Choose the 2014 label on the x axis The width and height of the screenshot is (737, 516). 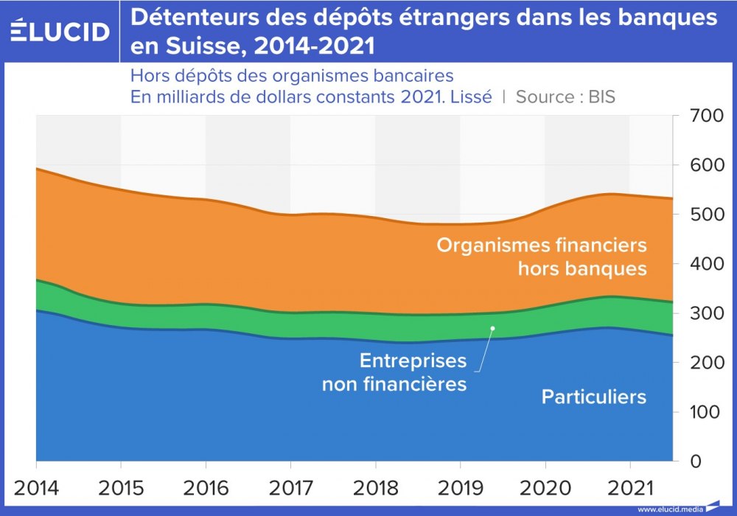point(36,488)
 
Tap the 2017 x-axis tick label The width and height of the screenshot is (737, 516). point(290,488)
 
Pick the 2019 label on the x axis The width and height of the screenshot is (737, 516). point(461,488)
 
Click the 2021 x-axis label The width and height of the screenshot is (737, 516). point(630,488)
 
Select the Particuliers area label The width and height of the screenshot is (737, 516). point(594,397)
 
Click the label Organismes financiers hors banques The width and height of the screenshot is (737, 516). point(542,256)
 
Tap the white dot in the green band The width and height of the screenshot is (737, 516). point(493,328)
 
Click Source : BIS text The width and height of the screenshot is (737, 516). point(565,97)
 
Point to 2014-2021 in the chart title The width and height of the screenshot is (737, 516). point(312,46)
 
